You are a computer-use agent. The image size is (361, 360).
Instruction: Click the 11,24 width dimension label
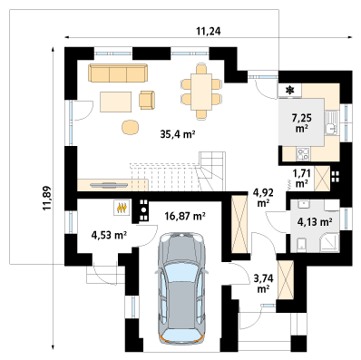coord(209,32)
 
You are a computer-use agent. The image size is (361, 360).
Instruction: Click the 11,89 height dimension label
coord(47,198)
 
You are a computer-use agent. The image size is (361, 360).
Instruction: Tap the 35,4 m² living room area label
coord(177,134)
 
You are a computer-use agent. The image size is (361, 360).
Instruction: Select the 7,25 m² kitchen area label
coord(302,122)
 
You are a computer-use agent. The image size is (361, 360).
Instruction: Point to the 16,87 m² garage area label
coord(185,216)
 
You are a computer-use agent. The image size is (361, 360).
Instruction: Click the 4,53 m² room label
coord(109,235)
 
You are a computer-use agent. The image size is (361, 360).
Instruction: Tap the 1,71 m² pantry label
coord(301,178)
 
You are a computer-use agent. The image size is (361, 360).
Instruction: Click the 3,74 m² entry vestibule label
coord(263,283)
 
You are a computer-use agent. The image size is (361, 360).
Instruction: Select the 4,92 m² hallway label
coord(261,198)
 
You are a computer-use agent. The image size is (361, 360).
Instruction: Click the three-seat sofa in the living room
coord(118,73)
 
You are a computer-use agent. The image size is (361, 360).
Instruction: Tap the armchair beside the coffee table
coord(147,100)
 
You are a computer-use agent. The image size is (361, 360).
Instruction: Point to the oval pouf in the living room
coord(131,127)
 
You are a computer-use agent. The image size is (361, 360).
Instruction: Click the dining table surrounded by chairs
coord(201,92)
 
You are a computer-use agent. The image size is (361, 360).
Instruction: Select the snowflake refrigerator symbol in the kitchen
coord(290,90)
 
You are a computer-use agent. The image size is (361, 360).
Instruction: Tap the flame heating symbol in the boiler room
coord(122,208)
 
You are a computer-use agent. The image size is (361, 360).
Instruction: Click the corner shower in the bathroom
coord(329,242)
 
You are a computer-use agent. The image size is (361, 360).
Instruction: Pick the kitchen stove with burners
coord(303,154)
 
